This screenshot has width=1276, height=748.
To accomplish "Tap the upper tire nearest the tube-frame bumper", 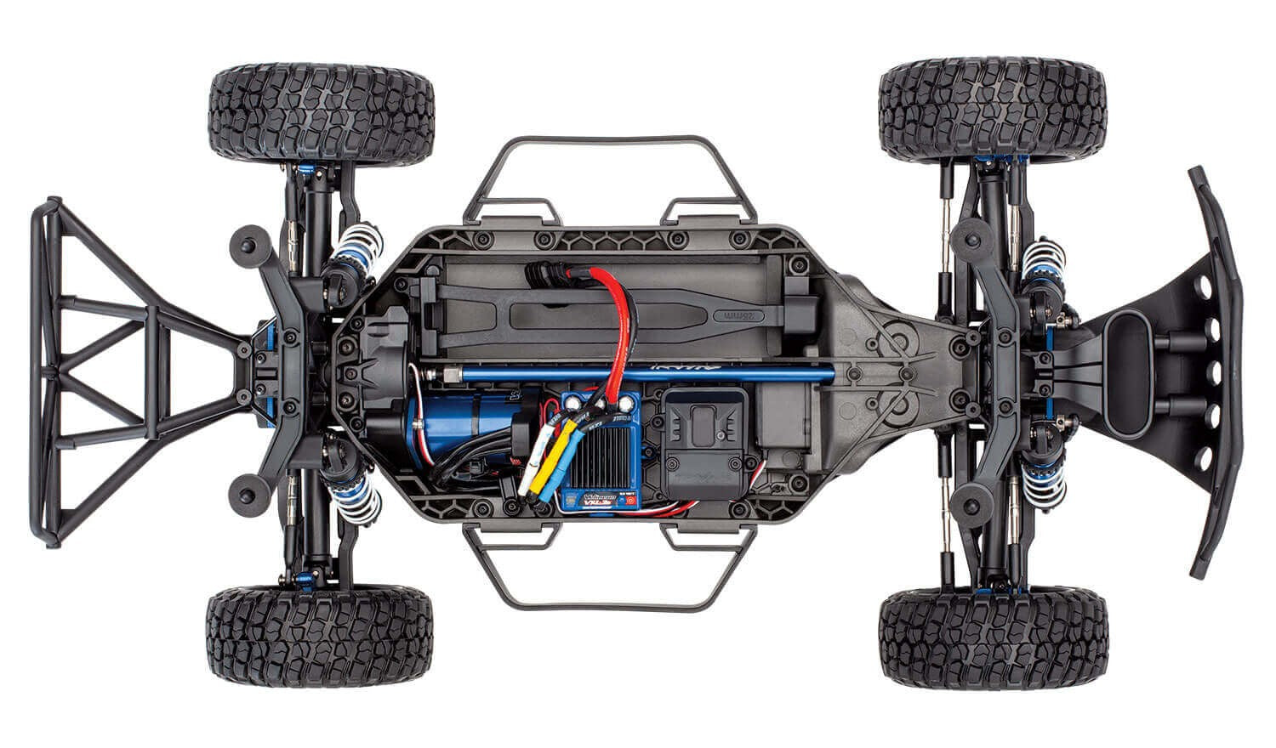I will (321, 113).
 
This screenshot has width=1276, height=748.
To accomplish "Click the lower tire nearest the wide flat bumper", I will (994, 628).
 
